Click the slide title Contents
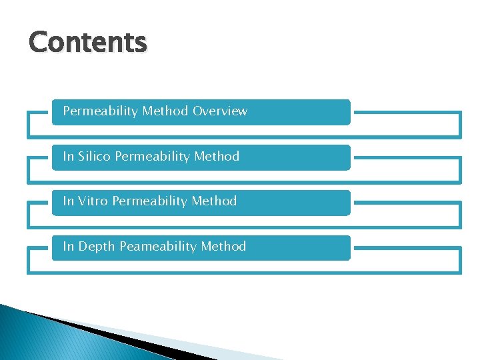[87, 43]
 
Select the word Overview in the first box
[220, 111]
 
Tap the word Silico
[95, 157]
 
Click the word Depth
[97, 246]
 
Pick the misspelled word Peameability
[158, 247]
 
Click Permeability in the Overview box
[100, 111]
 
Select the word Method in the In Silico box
[217, 157]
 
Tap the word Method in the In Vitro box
[214, 201]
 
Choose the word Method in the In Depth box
[223, 246]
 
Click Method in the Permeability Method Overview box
[165, 111]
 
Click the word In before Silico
[69, 157]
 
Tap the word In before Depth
[69, 246]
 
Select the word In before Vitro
[69, 201]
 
